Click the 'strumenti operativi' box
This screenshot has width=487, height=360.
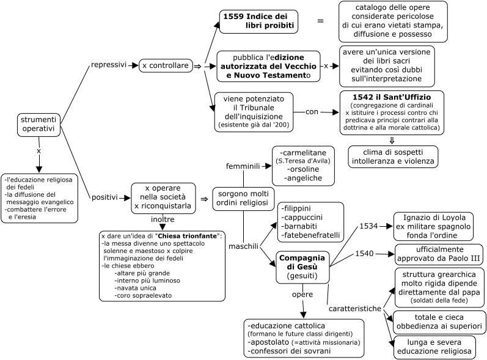tap(39, 125)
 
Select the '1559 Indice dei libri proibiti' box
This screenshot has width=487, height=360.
tap(258, 21)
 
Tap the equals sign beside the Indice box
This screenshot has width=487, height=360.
tap(320, 21)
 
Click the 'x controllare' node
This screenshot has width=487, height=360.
tap(166, 66)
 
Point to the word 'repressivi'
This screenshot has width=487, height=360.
tap(109, 65)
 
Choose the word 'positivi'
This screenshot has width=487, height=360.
tap(104, 197)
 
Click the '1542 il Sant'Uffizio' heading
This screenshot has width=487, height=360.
tap(392, 97)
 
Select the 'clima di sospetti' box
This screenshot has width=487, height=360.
tap(393, 157)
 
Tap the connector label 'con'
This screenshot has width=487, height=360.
tap(312, 112)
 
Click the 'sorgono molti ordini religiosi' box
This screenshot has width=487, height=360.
tap(243, 199)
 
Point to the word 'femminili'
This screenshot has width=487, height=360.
tap(243, 166)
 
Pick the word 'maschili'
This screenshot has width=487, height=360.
tap(243, 246)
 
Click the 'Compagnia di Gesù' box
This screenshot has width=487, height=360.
tap(302, 267)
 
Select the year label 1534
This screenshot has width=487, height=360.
tap(368, 226)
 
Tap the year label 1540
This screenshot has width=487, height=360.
tap(364, 254)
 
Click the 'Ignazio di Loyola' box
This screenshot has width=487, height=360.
tap(433, 226)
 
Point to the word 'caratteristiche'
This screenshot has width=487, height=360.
tap(355, 309)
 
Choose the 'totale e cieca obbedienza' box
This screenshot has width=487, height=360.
tap(439, 321)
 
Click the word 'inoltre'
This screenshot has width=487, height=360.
tap(163, 219)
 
